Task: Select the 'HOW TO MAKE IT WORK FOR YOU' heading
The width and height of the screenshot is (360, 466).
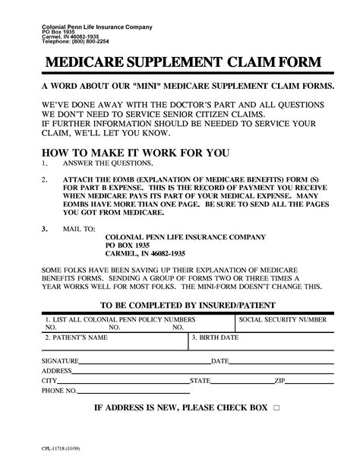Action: pyautogui.click(x=134, y=152)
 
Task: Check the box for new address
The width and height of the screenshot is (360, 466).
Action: pyautogui.click(x=276, y=408)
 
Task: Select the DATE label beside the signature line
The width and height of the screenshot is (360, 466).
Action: pyautogui.click(x=220, y=360)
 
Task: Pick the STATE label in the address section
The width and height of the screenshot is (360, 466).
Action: pyautogui.click(x=200, y=380)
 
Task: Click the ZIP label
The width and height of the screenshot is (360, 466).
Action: pyautogui.click(x=279, y=380)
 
